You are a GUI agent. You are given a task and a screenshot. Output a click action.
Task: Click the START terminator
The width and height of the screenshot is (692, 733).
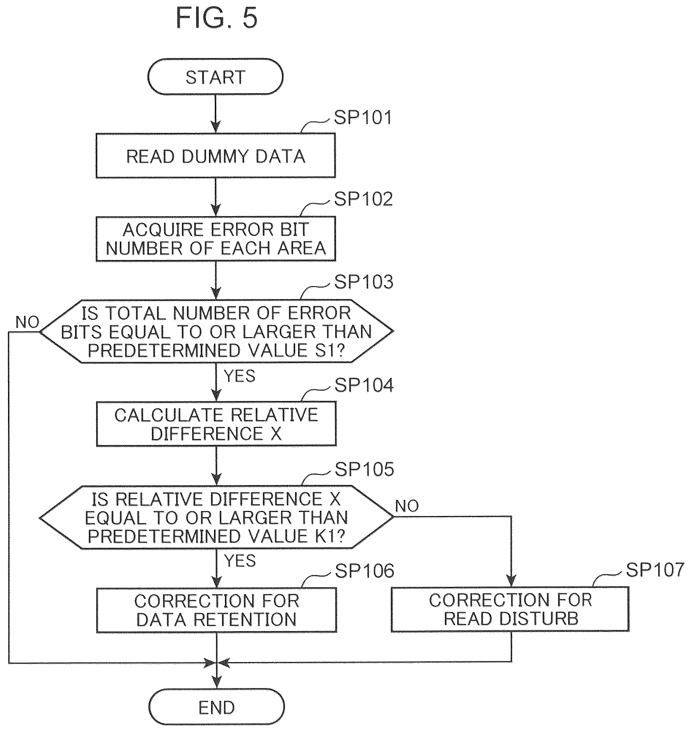tap(216, 77)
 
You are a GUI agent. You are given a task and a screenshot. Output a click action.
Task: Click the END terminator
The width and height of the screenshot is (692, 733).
tap(217, 707)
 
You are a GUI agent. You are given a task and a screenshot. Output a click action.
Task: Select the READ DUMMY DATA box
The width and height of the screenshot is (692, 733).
tap(216, 156)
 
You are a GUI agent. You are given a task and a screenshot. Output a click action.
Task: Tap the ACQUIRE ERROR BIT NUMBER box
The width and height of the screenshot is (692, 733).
tap(216, 238)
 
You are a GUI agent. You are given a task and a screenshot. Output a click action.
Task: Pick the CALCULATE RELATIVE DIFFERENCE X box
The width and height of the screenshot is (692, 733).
tap(217, 424)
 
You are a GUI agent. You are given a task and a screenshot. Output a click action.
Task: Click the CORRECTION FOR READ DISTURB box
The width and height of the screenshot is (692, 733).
tap(510, 609)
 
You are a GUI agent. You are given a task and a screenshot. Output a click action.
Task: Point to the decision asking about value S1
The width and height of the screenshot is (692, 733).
tap(217, 331)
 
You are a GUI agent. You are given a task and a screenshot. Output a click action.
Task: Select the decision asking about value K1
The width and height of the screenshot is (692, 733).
tap(217, 517)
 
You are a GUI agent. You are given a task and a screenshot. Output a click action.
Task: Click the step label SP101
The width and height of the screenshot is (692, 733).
tap(362, 118)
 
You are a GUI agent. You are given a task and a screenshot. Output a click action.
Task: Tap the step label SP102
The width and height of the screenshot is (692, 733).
tap(363, 199)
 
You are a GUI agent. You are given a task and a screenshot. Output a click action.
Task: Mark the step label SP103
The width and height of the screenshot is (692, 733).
tap(364, 282)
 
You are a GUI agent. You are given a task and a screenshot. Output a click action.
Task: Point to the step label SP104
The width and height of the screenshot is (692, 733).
tap(364, 385)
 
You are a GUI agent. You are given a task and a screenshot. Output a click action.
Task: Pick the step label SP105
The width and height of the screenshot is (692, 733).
tap(364, 469)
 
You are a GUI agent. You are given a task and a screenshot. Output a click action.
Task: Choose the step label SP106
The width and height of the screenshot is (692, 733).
tap(364, 571)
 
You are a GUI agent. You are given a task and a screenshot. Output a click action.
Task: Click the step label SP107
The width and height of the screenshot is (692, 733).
tap(655, 570)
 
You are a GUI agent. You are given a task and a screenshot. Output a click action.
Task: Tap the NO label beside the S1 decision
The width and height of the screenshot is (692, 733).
tap(27, 322)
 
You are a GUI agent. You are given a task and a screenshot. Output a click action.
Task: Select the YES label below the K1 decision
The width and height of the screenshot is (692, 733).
tap(240, 561)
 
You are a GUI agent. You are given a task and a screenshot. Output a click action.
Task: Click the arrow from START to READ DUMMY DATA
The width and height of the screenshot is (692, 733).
tap(216, 114)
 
